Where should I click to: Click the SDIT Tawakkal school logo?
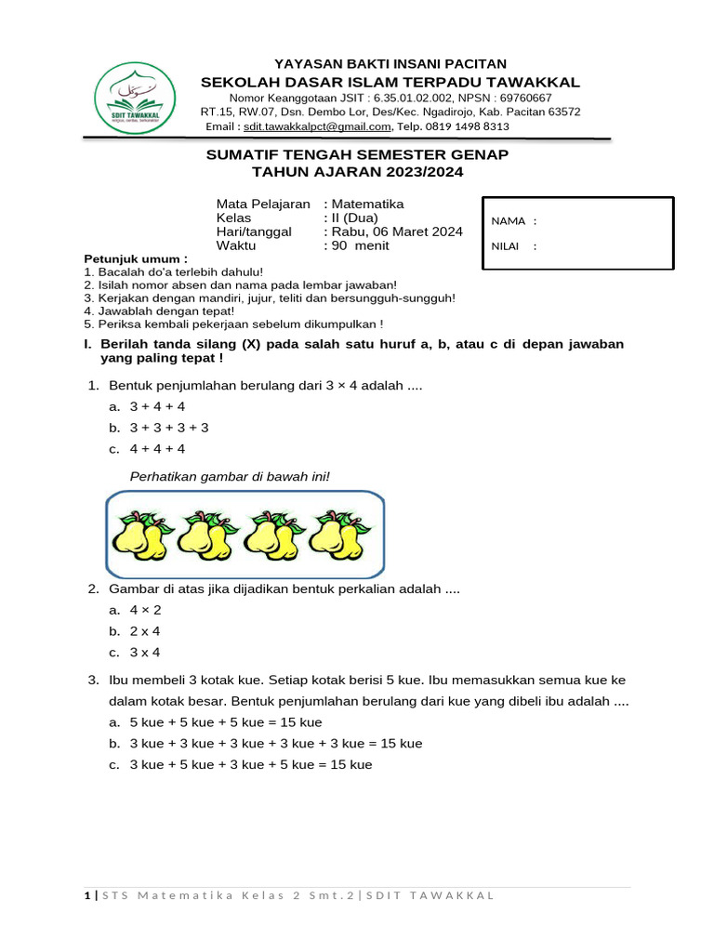(135, 99)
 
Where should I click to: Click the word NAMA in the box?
(508, 221)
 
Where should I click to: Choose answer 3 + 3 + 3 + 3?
(169, 428)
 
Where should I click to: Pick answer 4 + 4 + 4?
(157, 449)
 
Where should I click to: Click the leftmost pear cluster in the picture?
(140, 536)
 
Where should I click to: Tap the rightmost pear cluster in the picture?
(338, 536)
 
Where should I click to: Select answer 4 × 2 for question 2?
(145, 610)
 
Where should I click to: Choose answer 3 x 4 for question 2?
(145, 653)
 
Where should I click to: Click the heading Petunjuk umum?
(136, 258)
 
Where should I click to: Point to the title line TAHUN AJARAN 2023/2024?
(357, 172)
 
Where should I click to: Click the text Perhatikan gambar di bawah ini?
(230, 477)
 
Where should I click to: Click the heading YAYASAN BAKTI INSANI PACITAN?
(357, 63)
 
